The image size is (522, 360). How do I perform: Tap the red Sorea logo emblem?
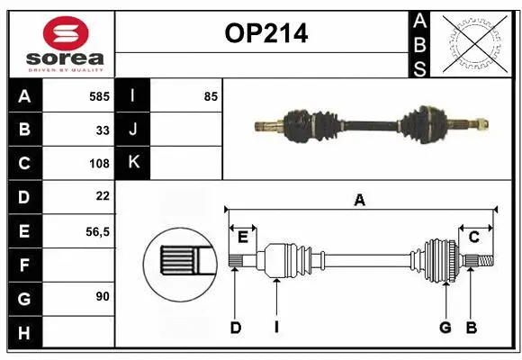coord(59,34)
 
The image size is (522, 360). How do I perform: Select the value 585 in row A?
coord(99,96)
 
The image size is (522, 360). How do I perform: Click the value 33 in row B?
coord(103,130)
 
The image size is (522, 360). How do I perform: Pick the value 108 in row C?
coord(99,164)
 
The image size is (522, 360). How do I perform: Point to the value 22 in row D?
coord(102,195)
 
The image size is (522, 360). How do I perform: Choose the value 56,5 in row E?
coord(96,231)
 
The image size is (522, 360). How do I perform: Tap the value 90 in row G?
coord(102,296)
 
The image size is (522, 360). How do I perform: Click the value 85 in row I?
coord(211,96)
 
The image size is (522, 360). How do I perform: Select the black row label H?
coord(24,333)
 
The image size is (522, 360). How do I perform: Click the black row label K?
coord(133,163)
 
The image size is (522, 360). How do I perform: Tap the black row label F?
coord(24,265)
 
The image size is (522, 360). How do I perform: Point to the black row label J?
coord(133,130)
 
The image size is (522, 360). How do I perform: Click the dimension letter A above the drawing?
coord(359,201)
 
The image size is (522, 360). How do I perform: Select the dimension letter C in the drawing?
coord(473,237)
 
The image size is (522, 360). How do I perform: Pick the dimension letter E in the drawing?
coord(243,237)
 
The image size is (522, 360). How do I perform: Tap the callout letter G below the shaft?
coord(445,328)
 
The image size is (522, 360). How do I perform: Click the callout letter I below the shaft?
coord(277,328)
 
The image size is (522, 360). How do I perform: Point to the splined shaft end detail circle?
coord(179,261)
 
